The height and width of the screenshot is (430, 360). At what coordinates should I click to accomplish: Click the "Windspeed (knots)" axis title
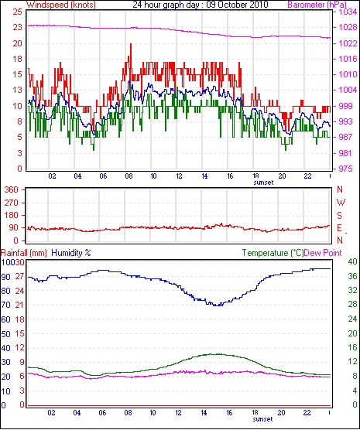point(61,5)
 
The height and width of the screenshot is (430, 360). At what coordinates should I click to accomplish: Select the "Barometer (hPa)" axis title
point(317,5)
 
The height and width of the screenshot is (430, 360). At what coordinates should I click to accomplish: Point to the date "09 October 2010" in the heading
point(237,5)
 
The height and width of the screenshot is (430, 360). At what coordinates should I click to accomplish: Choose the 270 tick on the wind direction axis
point(12,203)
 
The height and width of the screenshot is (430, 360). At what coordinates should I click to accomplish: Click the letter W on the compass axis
point(341,203)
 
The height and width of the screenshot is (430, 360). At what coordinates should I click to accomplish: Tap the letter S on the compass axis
point(340,216)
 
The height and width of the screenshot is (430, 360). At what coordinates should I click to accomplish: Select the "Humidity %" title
point(71,253)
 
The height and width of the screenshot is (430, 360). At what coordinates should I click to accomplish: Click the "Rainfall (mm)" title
point(24,253)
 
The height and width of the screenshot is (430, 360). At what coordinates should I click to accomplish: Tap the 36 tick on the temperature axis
point(352,276)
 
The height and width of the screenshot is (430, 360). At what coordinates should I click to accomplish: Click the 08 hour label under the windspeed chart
point(129,176)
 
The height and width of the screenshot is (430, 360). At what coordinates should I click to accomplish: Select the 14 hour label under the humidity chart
point(204,412)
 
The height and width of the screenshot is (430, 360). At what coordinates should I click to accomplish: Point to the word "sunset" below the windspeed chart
point(263,183)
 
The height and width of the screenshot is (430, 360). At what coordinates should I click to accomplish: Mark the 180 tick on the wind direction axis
point(12,215)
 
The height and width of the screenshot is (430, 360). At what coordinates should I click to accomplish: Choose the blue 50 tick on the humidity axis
point(5,334)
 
